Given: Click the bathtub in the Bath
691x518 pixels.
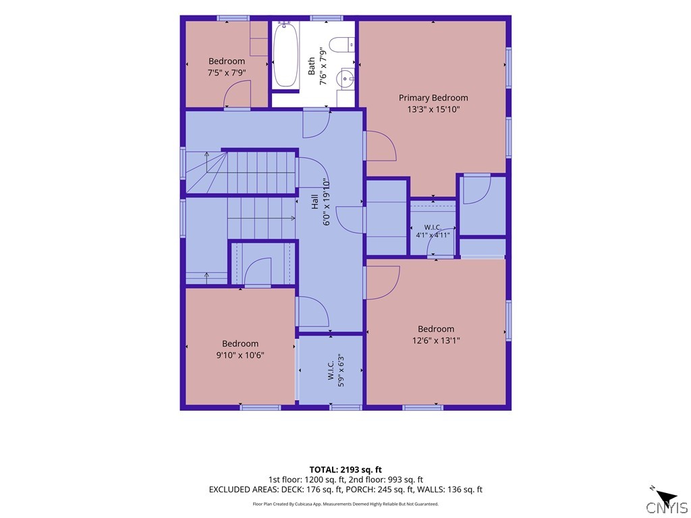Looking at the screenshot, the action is tap(285, 55).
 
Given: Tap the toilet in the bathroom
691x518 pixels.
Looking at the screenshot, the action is tap(342, 45).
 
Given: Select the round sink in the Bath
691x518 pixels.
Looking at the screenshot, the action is tap(345, 79).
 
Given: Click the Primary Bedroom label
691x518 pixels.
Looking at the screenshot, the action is tap(433, 98).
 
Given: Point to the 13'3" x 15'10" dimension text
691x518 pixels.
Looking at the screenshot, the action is tap(433, 109).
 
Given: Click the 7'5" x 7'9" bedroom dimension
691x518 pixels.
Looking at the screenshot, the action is tap(227, 73).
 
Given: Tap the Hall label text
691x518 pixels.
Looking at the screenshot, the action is tap(314, 202).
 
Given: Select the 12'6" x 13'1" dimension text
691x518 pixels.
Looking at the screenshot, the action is tap(436, 340).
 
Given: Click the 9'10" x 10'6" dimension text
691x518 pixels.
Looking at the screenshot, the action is tap(240, 355).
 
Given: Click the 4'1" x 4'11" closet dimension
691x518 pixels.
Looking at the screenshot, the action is tap(433, 235).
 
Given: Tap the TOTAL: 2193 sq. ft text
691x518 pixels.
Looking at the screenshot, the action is tap(345, 469).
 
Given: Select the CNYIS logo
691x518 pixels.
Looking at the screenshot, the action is tap(666, 508).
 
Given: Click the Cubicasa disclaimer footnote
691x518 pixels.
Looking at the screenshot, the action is tap(345, 504).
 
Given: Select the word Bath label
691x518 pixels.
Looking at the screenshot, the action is tap(312, 66).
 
